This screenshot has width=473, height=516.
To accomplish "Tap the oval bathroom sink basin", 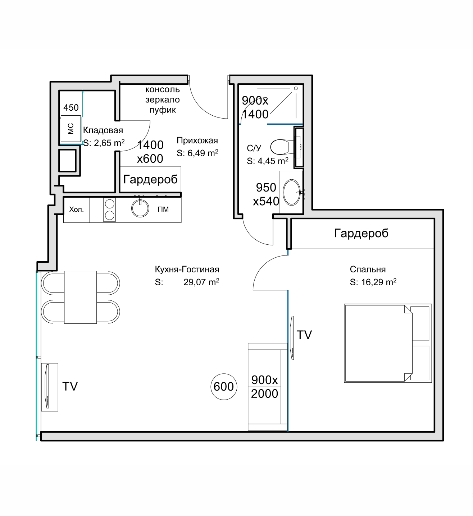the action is pyautogui.click(x=291, y=192).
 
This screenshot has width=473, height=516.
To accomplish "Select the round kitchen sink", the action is pyautogui.click(x=140, y=208).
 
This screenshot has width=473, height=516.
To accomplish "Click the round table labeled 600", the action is pyautogui.click(x=224, y=387).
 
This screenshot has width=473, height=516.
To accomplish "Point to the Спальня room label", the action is pyautogui.click(x=368, y=269).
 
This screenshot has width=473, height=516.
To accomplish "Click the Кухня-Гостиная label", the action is pyautogui.click(x=187, y=269).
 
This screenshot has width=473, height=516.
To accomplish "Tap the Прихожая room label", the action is pyautogui.click(x=197, y=140).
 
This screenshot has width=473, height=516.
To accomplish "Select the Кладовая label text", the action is pyautogui.click(x=103, y=130).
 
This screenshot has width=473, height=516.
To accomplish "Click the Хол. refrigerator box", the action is pyautogui.click(x=77, y=209).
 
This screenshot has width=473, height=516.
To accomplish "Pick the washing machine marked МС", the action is pyautogui.click(x=71, y=129).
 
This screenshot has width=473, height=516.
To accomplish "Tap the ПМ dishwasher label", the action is pyautogui.click(x=163, y=209).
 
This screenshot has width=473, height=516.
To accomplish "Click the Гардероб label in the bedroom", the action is pyautogui.click(x=361, y=233).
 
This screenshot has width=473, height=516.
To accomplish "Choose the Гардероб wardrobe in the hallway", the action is pyautogui.click(x=150, y=179).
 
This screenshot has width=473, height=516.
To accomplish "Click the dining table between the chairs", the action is pyautogui.click(x=80, y=297).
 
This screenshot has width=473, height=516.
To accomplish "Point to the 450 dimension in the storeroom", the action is pyautogui.click(x=71, y=107).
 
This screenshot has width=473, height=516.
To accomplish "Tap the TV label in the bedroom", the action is pyautogui.click(x=304, y=335).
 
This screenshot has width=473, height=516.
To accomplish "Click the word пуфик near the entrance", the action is pyautogui.click(x=163, y=110).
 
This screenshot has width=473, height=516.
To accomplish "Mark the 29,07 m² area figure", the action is pyautogui.click(x=201, y=282).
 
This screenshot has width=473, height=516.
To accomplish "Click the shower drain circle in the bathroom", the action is pyautogui.click(x=296, y=88).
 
